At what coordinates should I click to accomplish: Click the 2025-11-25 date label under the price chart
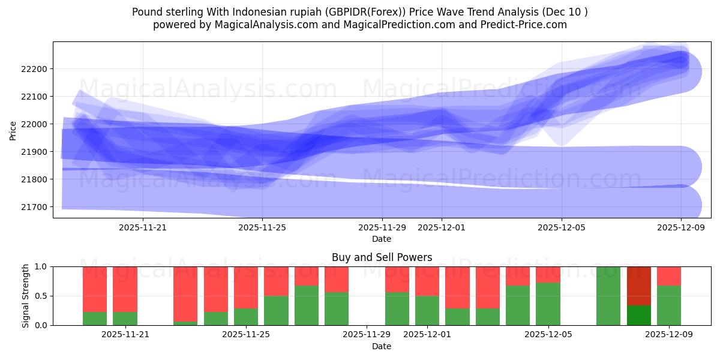point(262,227)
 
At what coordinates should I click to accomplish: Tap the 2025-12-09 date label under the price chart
point(681,227)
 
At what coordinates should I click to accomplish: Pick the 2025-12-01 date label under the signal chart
point(426,335)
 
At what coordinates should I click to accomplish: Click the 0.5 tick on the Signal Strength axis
point(41,296)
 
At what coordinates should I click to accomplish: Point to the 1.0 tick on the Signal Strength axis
point(41,266)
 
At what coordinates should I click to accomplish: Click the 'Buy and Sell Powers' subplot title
point(382,257)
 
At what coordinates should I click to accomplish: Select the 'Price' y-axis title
point(13,130)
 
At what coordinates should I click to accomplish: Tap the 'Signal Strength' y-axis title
point(25,296)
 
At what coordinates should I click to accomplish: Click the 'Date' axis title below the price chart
point(382,239)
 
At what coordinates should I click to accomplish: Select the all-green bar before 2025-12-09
point(608,296)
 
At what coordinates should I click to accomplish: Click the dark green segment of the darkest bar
point(639,316)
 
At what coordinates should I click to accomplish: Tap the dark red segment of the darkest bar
point(639,286)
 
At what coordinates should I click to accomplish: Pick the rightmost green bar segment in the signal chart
point(669,305)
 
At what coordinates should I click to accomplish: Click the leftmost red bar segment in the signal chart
point(95,289)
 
